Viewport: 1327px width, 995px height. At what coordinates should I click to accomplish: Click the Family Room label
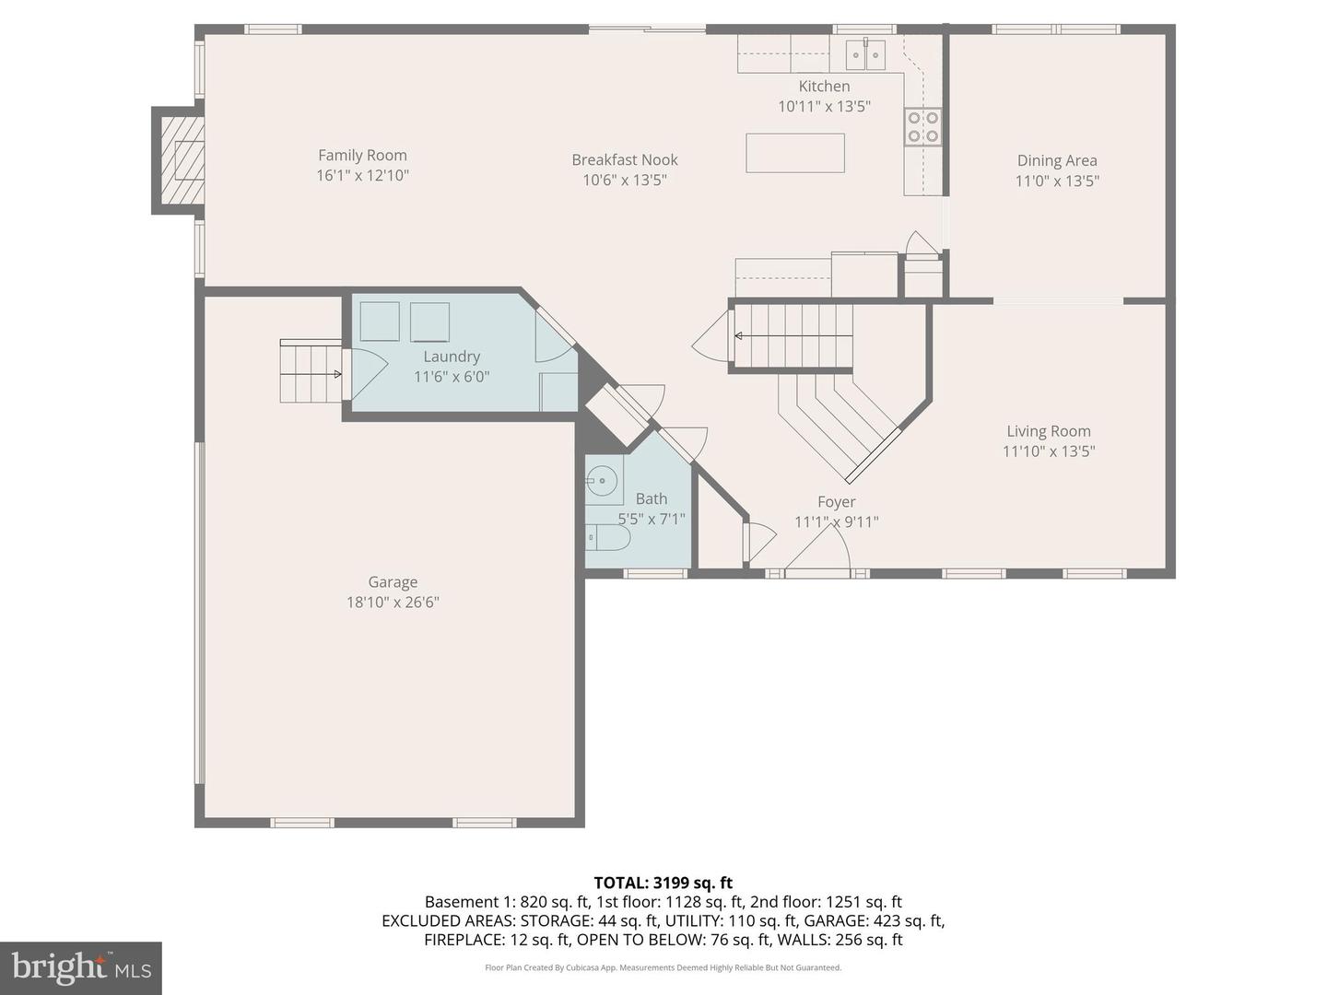click(x=362, y=156)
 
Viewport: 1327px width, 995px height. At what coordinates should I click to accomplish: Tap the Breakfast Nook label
click(x=624, y=160)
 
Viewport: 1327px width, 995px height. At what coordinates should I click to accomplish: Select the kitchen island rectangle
click(x=794, y=153)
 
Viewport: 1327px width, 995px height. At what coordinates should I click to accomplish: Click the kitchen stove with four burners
click(x=922, y=127)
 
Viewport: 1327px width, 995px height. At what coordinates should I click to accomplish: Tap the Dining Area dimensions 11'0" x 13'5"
click(x=1057, y=181)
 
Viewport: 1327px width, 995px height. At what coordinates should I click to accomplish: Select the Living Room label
click(x=1048, y=431)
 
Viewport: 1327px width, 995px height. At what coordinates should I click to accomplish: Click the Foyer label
click(x=836, y=502)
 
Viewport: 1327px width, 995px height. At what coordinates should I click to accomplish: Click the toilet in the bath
click(x=608, y=537)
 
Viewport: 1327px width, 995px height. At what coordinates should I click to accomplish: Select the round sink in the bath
click(x=603, y=480)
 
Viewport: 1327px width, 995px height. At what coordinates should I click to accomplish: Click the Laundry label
click(x=452, y=357)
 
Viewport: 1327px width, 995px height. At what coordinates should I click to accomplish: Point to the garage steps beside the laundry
click(x=311, y=372)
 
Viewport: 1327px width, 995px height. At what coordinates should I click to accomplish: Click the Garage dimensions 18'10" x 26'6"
click(x=393, y=603)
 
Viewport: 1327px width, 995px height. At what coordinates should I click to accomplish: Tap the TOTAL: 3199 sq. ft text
click(x=663, y=883)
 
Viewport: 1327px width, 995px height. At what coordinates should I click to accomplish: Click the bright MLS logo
click(x=81, y=967)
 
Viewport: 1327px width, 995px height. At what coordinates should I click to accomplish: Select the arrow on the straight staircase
click(x=740, y=335)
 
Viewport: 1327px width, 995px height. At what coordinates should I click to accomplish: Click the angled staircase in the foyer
click(x=839, y=419)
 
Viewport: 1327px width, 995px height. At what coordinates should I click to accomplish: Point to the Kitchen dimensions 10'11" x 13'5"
click(x=824, y=107)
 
